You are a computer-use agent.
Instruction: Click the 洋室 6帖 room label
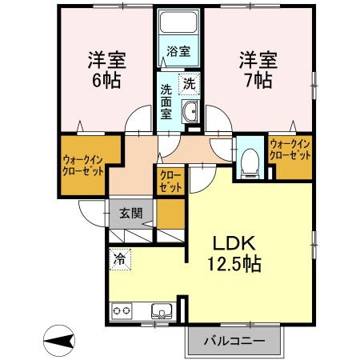(106, 70)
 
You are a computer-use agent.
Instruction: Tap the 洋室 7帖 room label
(258, 70)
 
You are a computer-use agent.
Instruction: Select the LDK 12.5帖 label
(234, 254)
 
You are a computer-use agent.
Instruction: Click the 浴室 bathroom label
(178, 51)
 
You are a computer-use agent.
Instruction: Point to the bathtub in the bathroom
(178, 22)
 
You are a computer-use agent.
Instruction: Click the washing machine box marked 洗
(189, 84)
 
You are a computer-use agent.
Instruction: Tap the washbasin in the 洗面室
(190, 111)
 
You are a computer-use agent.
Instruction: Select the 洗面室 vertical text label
(166, 102)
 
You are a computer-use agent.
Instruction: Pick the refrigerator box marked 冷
(120, 259)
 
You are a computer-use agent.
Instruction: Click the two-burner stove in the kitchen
(122, 310)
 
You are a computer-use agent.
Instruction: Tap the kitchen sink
(162, 311)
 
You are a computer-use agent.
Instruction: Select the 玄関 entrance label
(131, 214)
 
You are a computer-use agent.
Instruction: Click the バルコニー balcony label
(234, 341)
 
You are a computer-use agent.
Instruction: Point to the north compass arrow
(58, 341)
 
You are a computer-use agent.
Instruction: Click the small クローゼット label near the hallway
(170, 182)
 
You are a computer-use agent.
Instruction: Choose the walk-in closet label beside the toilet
(290, 150)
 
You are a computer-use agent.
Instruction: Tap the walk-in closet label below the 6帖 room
(82, 166)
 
